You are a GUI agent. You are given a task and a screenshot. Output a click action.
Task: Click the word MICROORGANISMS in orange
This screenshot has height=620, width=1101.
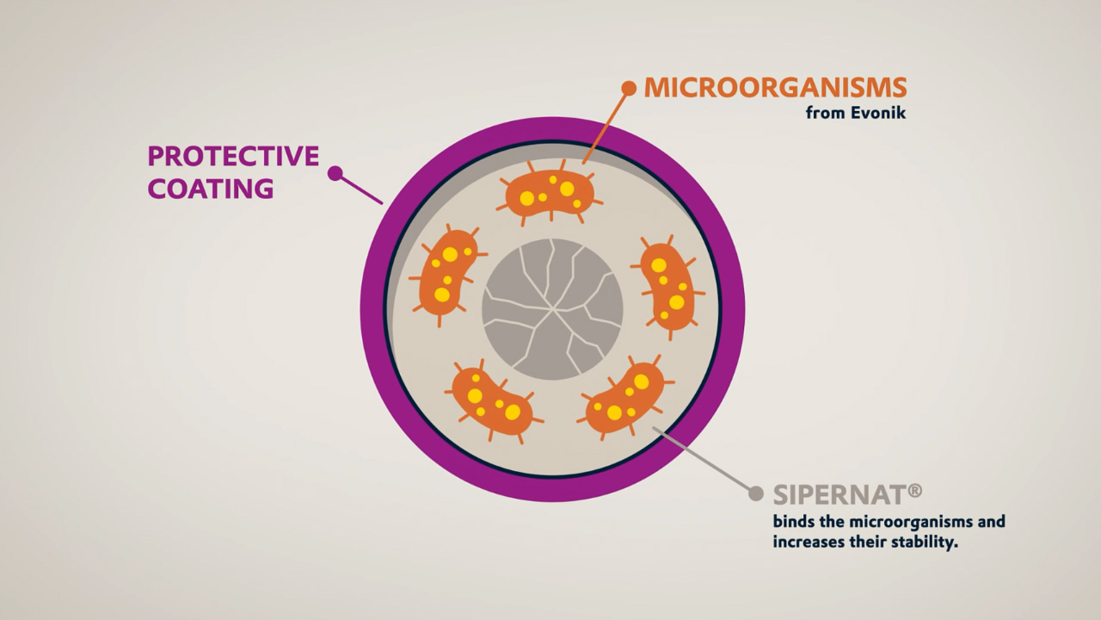coord(775,88)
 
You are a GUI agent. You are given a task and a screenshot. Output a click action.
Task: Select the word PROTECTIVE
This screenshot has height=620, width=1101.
coord(233,156)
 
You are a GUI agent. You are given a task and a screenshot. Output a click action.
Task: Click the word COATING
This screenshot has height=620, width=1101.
coord(211,189)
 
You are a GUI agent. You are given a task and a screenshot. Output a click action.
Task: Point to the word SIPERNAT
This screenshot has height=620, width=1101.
coord(838,494)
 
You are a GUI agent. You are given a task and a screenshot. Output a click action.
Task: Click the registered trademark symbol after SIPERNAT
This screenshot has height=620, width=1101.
coord(914,491)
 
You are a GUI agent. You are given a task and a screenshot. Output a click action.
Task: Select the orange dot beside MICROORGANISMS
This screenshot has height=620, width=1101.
coord(629,88)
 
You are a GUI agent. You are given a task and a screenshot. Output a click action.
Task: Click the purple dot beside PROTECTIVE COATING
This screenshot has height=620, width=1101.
coord(335,173)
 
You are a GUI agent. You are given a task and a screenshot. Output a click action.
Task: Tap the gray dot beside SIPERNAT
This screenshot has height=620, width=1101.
coord(756,493)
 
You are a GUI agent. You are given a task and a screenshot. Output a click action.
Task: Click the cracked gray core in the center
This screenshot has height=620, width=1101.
coord(552,309)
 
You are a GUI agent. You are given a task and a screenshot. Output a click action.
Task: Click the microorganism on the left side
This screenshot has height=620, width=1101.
coord(446,271)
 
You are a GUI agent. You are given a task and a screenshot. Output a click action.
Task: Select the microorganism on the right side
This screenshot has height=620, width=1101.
coord(667,284)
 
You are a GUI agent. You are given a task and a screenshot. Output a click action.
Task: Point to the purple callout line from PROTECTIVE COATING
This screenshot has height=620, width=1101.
coord(362,190)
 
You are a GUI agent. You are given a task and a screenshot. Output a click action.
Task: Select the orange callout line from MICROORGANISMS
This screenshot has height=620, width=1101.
coord(607,125)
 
